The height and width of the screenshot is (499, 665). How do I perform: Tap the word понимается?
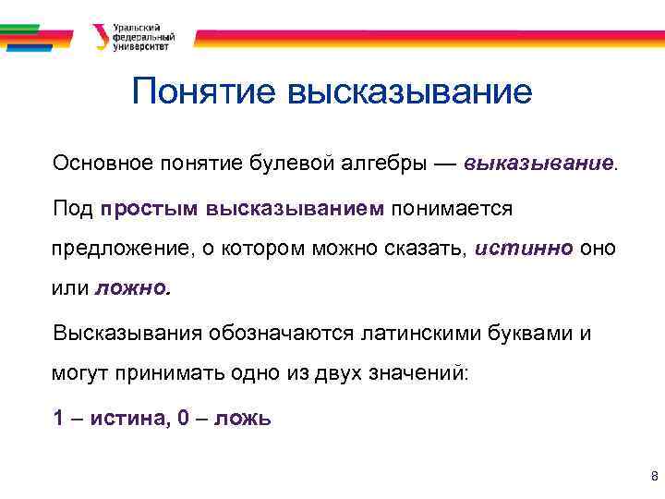pyautogui.click(x=452, y=208)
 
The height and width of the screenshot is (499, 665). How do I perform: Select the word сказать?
pyautogui.click(x=429, y=249)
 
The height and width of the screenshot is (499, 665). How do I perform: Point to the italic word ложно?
pyautogui.click(x=133, y=288)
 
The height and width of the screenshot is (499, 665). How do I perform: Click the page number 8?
pyautogui.click(x=654, y=477)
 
